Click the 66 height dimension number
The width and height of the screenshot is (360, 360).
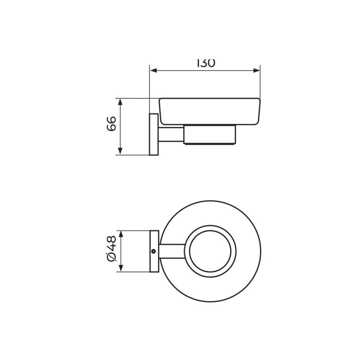pos(112,124)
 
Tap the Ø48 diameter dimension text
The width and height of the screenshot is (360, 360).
pos(112,249)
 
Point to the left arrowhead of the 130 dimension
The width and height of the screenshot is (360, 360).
pos(153,70)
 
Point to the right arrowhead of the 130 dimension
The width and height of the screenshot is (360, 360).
pos(257,70)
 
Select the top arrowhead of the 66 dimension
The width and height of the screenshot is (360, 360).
pos(120,102)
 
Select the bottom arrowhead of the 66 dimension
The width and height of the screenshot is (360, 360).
pos(120,151)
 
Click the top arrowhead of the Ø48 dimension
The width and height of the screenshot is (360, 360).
pos(121,234)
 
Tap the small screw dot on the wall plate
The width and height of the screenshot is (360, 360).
pos(154,252)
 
